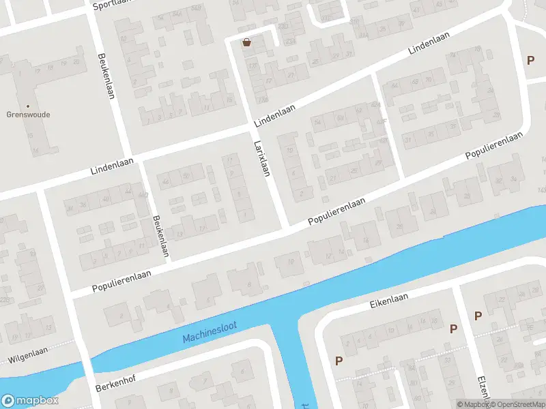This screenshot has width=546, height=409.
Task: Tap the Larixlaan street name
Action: (261, 157)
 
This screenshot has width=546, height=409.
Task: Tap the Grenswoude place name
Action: (28, 115)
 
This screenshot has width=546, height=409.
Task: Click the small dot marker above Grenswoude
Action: (28, 106)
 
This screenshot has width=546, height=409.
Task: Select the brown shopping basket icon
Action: (246, 42)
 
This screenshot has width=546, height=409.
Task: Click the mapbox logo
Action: (30, 401)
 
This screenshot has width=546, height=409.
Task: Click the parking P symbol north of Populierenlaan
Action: (530, 60)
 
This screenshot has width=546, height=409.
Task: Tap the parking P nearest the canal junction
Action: (338, 361)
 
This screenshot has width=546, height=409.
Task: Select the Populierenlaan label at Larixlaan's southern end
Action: (337, 212)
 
